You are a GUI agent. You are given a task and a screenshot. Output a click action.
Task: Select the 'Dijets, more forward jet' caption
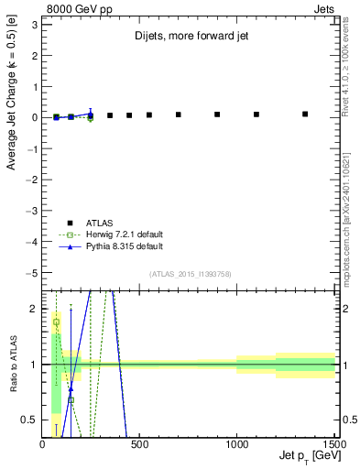(189, 38)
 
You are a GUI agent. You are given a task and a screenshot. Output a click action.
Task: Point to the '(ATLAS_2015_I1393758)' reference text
(190, 274)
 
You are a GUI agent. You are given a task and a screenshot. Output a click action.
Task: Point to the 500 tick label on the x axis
(139, 445)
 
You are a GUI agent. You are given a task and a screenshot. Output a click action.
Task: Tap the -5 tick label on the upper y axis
(31, 273)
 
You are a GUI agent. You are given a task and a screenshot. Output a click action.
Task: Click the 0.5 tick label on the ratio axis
(29, 420)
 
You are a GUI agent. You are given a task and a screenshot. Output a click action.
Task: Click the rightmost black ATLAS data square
(305, 115)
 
